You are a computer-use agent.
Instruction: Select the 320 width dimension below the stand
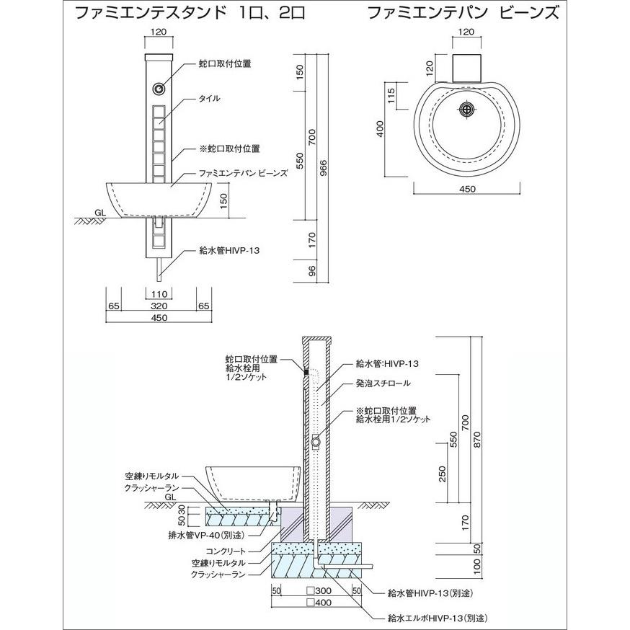159,306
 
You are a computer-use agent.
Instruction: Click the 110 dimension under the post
159,295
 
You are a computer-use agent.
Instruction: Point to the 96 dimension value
312,271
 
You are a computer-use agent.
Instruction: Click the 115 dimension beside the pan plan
391,95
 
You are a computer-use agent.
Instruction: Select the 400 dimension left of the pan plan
380,129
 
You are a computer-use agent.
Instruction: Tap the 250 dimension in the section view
443,474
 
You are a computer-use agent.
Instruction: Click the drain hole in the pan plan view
466,108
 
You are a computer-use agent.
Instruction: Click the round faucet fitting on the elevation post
159,89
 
